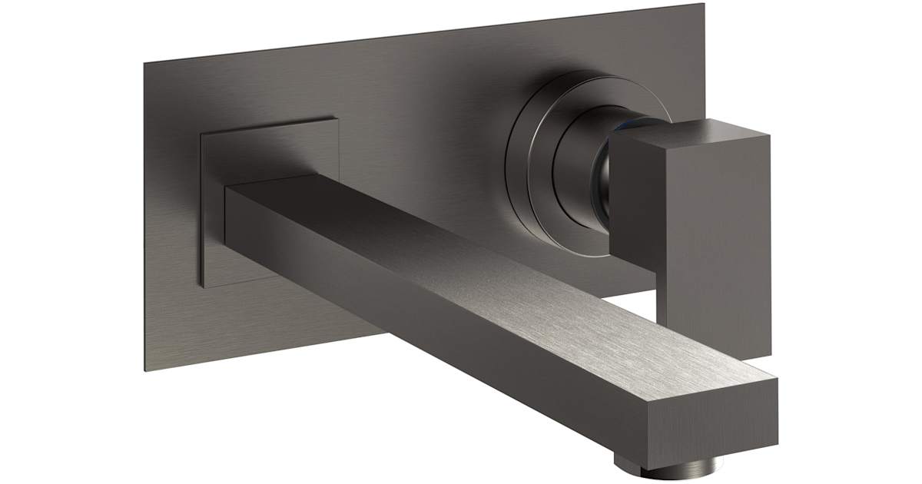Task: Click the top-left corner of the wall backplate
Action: coord(144,62)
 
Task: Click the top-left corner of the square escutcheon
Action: coord(201,132)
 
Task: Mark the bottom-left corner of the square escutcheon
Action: coord(203,287)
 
